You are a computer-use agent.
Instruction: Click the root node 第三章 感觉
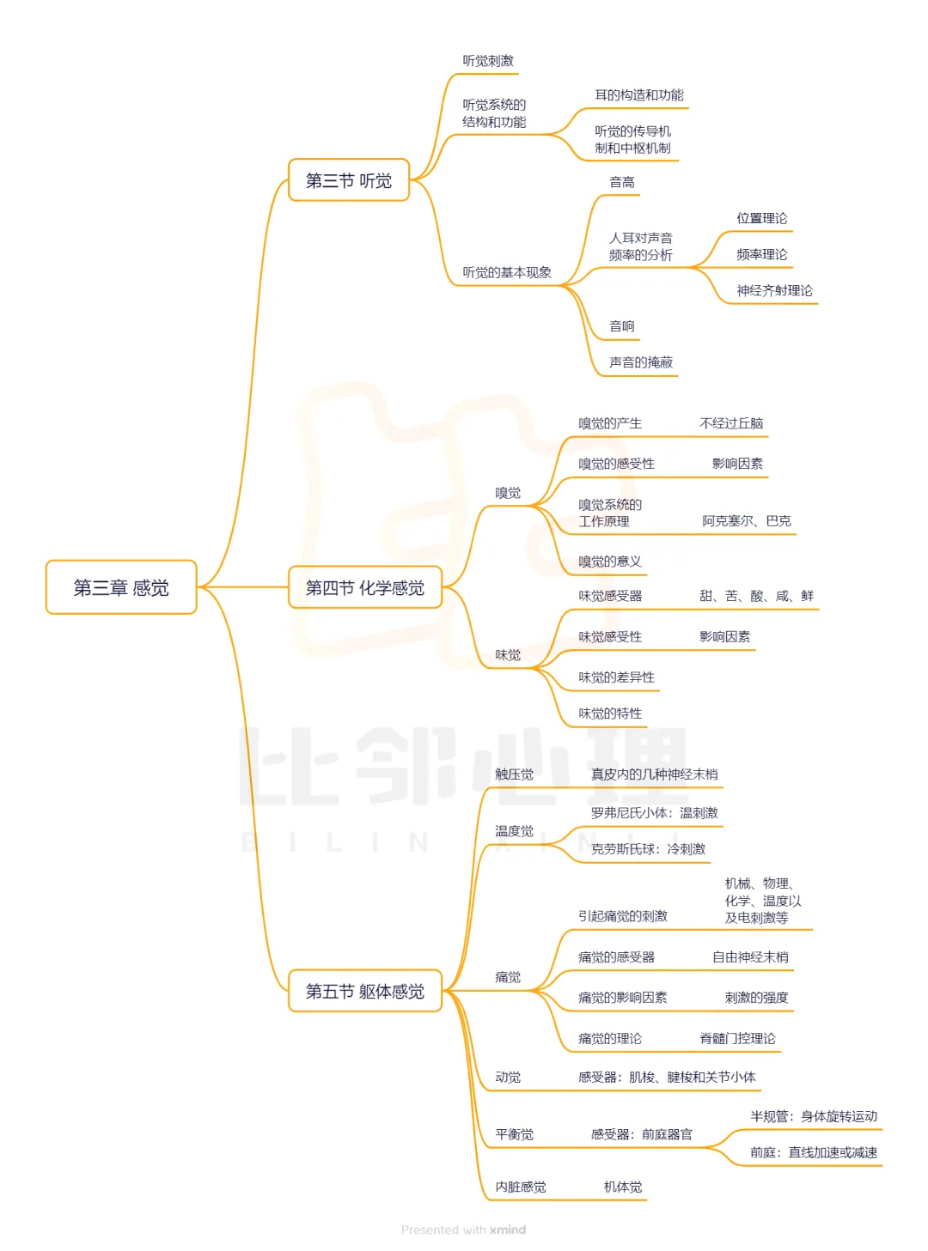coord(121,587)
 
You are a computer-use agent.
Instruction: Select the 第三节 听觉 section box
coord(349,180)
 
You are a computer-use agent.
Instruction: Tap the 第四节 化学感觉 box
coord(364,587)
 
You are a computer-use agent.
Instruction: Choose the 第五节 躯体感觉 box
coord(364,991)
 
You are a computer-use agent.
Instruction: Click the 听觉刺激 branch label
coord(488,61)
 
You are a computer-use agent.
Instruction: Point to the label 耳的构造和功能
coord(639,95)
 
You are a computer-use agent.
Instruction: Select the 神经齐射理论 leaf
coord(774,291)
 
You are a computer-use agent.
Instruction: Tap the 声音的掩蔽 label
coord(641,362)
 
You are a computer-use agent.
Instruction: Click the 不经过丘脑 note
coord(731,423)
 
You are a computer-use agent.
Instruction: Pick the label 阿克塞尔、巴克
coord(747,521)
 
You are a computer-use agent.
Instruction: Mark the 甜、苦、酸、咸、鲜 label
coord(756,596)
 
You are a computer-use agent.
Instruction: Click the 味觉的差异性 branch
coord(616,677)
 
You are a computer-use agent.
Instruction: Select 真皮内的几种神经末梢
coord(654,774)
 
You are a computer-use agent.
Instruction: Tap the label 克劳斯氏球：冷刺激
coord(648,849)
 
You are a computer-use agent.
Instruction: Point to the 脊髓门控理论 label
coord(737,1039)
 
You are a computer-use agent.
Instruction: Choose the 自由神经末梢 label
coord(750,957)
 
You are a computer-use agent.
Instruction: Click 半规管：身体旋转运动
coord(814,1117)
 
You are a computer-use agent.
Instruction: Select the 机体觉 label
coord(623,1187)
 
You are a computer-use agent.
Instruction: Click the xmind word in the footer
coord(508,1230)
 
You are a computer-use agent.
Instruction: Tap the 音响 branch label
coord(622,326)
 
